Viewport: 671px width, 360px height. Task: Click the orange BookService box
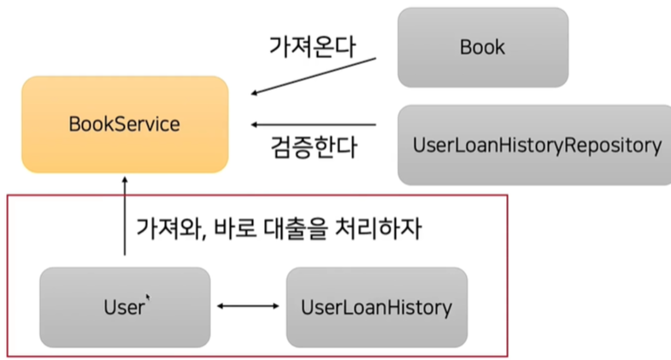[x=125, y=124]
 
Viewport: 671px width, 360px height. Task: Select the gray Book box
[x=482, y=47]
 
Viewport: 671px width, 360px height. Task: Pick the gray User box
[x=124, y=307]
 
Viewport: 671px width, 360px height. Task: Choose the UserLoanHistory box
[x=376, y=307]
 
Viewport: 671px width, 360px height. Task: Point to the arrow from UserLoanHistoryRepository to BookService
[x=313, y=125]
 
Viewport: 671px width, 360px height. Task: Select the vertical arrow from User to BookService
[x=125, y=217]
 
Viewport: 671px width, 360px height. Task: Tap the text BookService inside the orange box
[x=125, y=124]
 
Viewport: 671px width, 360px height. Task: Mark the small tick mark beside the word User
[x=149, y=298]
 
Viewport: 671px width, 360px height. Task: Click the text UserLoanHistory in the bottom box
[x=376, y=307]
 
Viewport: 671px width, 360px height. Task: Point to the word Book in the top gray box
[x=482, y=47]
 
